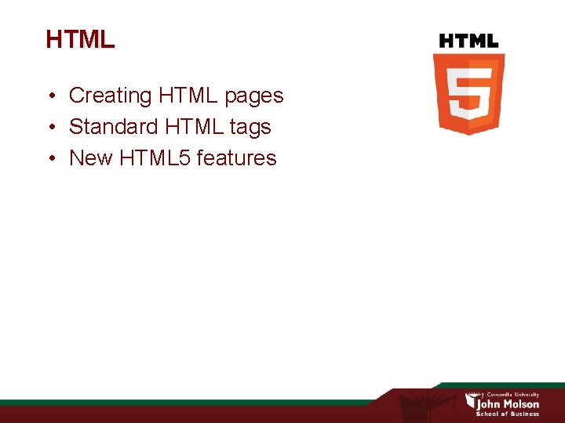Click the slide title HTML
[x=80, y=39]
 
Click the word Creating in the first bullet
[x=111, y=96]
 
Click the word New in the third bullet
[x=91, y=158]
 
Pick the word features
[x=237, y=158]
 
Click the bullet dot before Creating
[x=49, y=96]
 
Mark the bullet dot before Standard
[x=49, y=128]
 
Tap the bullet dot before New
[x=49, y=159]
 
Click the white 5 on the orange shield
[x=468, y=93]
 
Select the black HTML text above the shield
[x=468, y=41]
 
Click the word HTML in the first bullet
[x=188, y=96]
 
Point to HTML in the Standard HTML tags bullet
[x=192, y=127]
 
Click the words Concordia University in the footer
[x=513, y=395]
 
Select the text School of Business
[x=508, y=414]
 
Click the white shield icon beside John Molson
[x=471, y=402]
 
